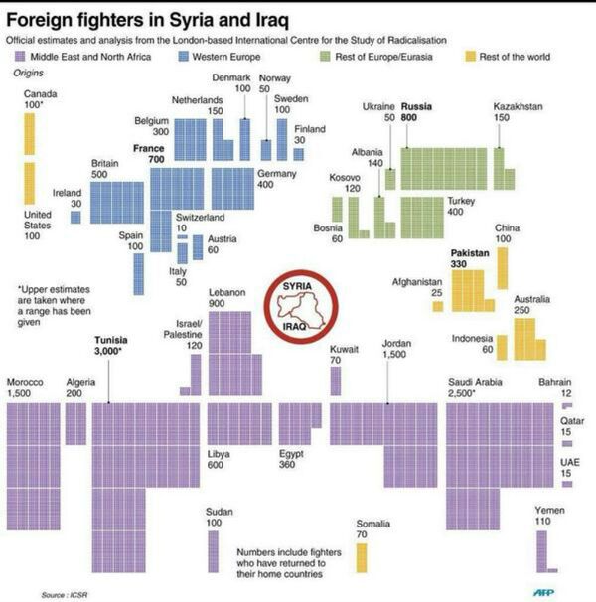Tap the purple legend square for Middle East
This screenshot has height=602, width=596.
pos(21,58)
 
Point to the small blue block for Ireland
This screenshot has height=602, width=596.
pos(75,217)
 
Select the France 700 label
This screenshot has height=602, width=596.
pos(148,153)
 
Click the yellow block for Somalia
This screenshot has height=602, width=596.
pos(362,557)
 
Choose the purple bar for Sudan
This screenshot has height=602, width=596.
pos(213,551)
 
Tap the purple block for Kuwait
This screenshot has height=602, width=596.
pos(336,381)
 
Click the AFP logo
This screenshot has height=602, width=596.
pos(543,593)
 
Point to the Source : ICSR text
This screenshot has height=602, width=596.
pos(65,594)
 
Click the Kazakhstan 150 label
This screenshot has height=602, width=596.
pos(518,112)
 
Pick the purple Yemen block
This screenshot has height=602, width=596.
pos(543,549)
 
